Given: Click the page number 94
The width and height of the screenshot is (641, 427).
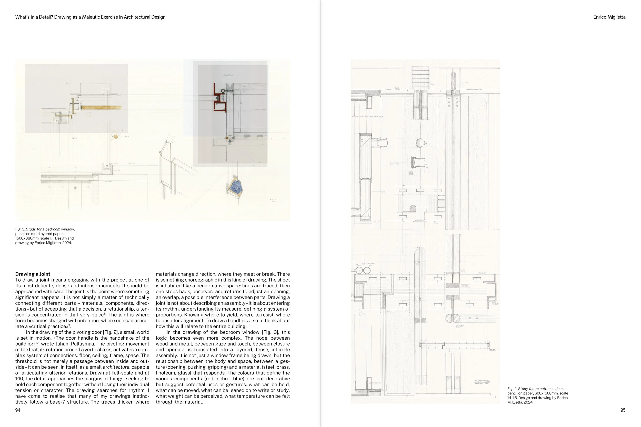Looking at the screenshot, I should [18, 410].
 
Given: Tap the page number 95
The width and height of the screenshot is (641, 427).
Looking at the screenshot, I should [623, 410].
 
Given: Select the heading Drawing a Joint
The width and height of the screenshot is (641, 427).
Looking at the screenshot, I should [33, 274].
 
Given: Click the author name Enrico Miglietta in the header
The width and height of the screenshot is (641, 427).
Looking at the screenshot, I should [609, 17].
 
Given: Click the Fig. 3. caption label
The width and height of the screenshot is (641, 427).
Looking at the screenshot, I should [20, 229].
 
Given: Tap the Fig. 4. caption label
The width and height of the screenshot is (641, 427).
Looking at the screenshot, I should [512, 389].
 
